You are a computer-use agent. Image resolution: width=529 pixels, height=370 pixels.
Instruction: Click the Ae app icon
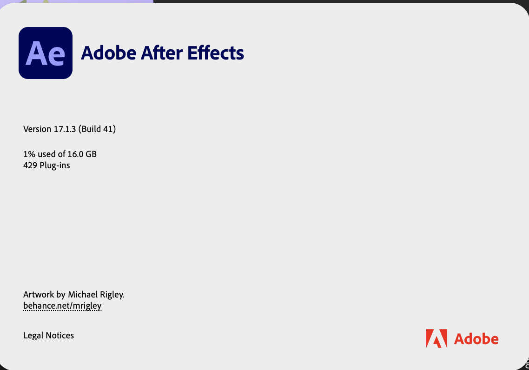point(46,53)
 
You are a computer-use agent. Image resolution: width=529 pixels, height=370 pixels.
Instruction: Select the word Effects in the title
point(216,53)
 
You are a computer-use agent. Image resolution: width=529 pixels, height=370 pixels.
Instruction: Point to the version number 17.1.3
point(65,129)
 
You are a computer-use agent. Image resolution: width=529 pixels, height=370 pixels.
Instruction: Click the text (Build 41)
point(97,129)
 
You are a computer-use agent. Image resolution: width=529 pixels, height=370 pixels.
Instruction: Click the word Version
point(37,129)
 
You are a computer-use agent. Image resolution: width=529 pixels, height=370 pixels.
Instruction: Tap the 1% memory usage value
point(29,154)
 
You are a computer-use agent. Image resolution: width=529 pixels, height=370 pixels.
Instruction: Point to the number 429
point(30,165)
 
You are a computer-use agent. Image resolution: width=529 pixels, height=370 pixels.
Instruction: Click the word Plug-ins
point(54,165)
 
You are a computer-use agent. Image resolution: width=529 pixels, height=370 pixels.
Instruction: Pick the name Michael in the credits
point(82,295)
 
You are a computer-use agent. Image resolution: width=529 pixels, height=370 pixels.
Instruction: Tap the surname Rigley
point(111,295)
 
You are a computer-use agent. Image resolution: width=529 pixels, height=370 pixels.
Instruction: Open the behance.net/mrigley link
point(62,306)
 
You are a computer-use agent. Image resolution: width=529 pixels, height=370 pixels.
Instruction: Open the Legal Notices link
point(48,336)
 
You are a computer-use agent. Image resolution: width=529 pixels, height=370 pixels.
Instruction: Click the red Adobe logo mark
point(436,338)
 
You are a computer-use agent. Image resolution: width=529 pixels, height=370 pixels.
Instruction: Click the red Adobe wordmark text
point(476,339)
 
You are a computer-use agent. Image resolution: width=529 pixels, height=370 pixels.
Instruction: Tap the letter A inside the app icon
point(36,53)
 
